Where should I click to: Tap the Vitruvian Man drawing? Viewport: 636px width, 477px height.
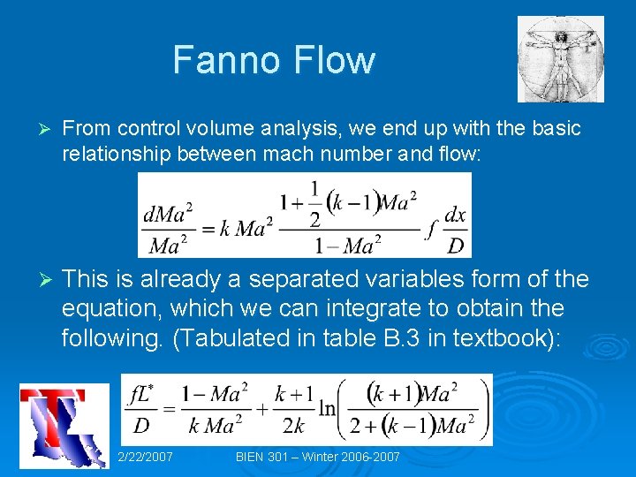coord(560,59)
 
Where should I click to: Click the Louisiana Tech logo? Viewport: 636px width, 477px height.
coord(63,427)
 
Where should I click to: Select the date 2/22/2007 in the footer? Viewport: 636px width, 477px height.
coord(145,457)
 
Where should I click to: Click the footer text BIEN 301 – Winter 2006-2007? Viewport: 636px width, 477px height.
coord(318,457)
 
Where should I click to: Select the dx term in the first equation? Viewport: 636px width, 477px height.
coord(455,215)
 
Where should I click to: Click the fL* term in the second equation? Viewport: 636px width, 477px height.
coord(141,393)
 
